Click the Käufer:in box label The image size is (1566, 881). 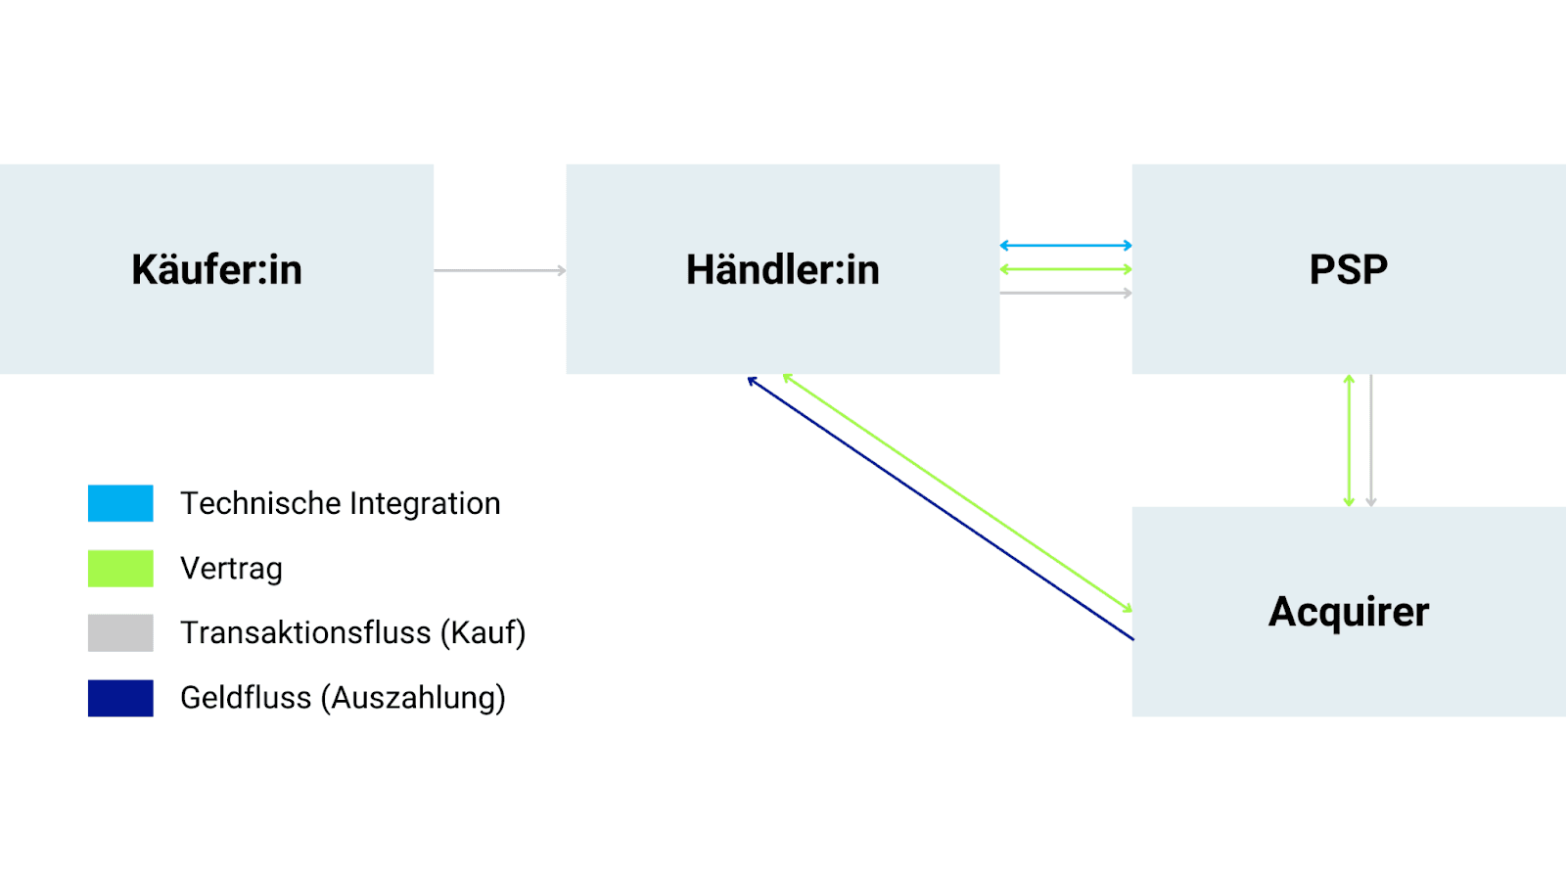coord(216,269)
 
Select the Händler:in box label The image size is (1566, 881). coord(782,269)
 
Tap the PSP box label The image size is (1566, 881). coord(1348,269)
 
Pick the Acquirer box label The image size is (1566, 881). coord(1348,612)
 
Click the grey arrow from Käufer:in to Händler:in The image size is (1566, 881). coord(499,270)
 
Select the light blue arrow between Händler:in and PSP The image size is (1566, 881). coord(1066,246)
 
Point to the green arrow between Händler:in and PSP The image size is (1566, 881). coord(1066,269)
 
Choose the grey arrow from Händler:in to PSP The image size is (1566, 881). coord(1066,293)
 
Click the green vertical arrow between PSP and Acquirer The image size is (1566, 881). coord(1349,440)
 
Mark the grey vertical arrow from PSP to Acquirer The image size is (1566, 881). coord(1371,440)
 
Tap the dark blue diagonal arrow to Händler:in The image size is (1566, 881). coord(940,509)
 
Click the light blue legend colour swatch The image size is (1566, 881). coord(120,503)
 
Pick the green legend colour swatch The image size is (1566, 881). coord(120,568)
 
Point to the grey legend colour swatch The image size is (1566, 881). coord(120,632)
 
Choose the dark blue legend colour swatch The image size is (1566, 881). coord(120,698)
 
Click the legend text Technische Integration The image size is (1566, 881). coord(340,503)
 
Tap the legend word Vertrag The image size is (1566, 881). coord(231,569)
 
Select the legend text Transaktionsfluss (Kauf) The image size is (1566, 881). coord(352,633)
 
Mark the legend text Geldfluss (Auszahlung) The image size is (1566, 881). coord(343,698)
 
